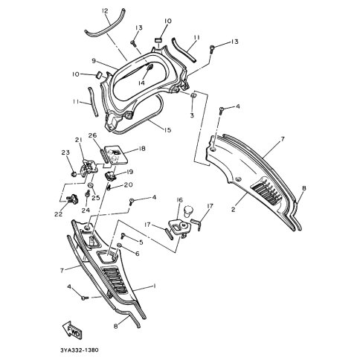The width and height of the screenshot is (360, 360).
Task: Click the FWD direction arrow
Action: coord(71,330)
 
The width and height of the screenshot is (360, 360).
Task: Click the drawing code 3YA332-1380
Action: coord(80,350)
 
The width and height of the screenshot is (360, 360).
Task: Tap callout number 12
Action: coord(105,11)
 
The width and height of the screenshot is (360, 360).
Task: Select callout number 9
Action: coord(94,61)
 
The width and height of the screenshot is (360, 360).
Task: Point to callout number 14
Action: coord(141,83)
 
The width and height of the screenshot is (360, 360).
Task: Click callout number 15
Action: coord(167,130)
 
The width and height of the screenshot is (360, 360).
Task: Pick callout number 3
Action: coord(192,115)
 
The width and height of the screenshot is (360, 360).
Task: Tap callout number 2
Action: coord(233,210)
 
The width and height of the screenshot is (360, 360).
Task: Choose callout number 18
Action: coord(142,149)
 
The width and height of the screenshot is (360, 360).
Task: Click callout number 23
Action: coord(65,152)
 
